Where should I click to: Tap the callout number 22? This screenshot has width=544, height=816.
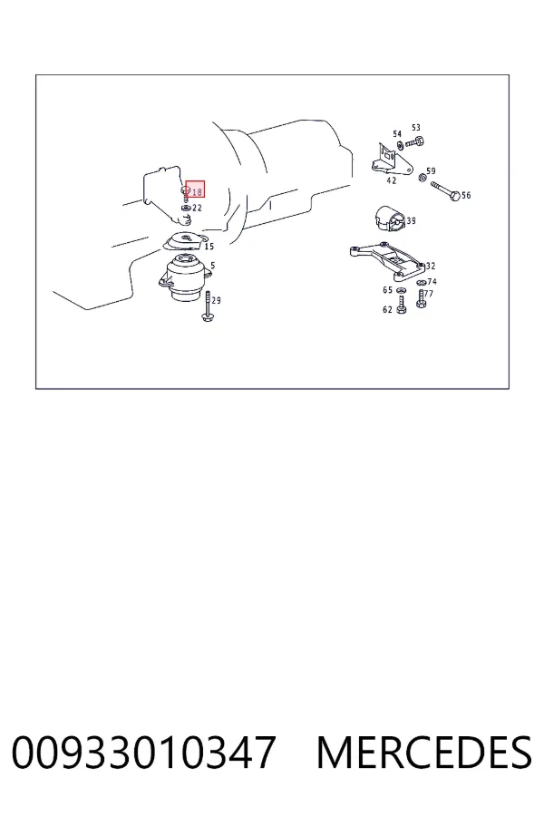pyautogui.click(x=197, y=208)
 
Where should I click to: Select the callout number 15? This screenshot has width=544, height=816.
pyautogui.click(x=209, y=246)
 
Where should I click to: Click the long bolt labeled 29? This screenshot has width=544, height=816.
pyautogui.click(x=207, y=306)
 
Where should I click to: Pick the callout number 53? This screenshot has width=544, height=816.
pyautogui.click(x=416, y=128)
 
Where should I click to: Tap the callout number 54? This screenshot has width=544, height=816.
pyautogui.click(x=397, y=134)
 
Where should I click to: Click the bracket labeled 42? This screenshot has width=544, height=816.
pyautogui.click(x=392, y=160)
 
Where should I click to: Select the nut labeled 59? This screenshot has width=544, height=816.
pyautogui.click(x=423, y=178)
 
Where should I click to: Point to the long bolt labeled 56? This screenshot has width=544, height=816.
pyautogui.click(x=445, y=190)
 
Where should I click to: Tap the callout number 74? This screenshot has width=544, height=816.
pyautogui.click(x=432, y=282)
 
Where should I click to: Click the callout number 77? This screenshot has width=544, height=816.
pyautogui.click(x=429, y=294)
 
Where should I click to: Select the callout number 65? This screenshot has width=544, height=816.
pyautogui.click(x=387, y=290)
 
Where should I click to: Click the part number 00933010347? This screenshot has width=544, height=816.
pyautogui.click(x=143, y=753)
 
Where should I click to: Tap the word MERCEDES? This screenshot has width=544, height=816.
pyautogui.click(x=424, y=753)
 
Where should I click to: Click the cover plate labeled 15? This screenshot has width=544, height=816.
pyautogui.click(x=183, y=242)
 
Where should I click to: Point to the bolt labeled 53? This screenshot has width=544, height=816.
pyautogui.click(x=415, y=141)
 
